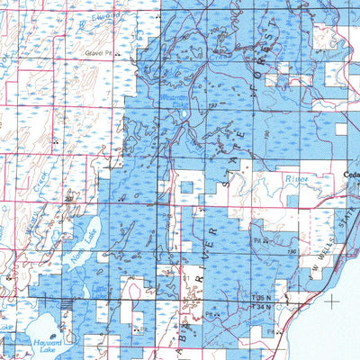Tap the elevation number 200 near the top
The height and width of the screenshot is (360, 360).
[216, 31]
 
